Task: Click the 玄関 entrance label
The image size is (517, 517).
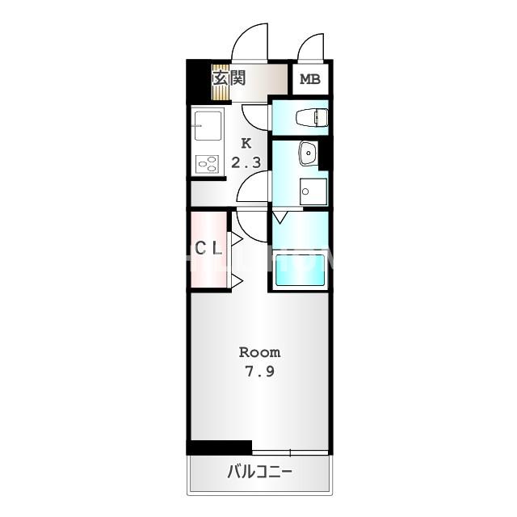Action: (229, 78)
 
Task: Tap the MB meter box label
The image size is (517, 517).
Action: (310, 79)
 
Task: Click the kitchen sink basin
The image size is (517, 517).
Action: (208, 126)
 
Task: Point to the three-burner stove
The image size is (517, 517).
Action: (208, 164)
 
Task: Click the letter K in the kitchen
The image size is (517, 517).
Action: (246, 144)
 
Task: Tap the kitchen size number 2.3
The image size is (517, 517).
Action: (246, 162)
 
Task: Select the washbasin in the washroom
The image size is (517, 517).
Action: (308, 153)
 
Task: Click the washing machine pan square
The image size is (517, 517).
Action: (313, 191)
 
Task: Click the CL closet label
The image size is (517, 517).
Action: (208, 248)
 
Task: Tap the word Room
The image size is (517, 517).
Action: (260, 352)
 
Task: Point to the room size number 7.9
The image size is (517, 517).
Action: (259, 372)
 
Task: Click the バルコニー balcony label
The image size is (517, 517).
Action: (260, 472)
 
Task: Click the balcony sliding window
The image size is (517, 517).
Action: (291, 452)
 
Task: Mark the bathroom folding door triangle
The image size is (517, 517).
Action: (280, 218)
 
